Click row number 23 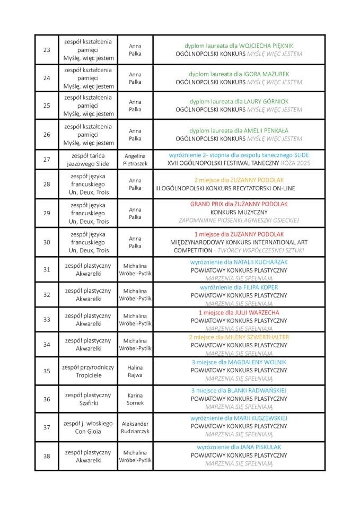click(46, 50)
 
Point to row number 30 click(46, 242)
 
